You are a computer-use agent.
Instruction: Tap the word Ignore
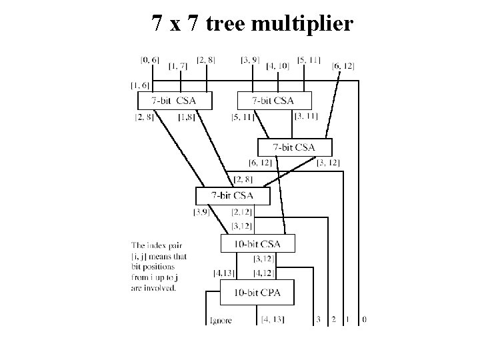220,321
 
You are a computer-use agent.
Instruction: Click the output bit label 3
319,319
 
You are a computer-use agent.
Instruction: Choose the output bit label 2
333,319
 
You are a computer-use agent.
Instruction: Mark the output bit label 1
347,319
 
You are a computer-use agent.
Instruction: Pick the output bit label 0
363,319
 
